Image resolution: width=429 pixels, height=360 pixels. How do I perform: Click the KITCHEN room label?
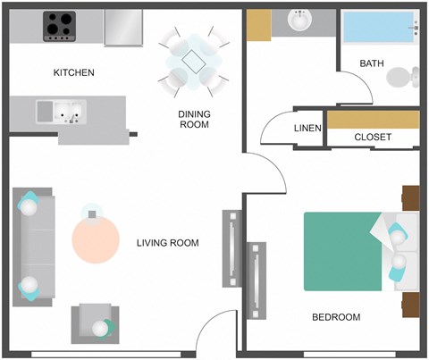(x=74, y=72)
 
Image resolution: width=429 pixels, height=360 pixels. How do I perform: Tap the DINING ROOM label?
(x=193, y=119)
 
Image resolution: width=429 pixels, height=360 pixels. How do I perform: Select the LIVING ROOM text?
(x=167, y=243)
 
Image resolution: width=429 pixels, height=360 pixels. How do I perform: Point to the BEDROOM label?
(x=335, y=317)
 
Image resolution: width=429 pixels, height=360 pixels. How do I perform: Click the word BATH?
(x=371, y=63)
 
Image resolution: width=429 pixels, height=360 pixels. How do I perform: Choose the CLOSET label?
(x=373, y=137)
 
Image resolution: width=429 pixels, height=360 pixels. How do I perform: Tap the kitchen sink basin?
(x=60, y=113)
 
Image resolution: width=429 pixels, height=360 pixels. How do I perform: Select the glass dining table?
(x=192, y=60)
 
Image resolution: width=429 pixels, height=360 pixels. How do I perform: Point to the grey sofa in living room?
(x=31, y=245)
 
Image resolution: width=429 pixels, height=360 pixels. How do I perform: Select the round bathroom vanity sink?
(x=299, y=20)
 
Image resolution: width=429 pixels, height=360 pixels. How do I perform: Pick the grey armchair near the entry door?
(x=95, y=323)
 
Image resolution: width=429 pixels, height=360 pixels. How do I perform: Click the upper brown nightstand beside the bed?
(x=411, y=197)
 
